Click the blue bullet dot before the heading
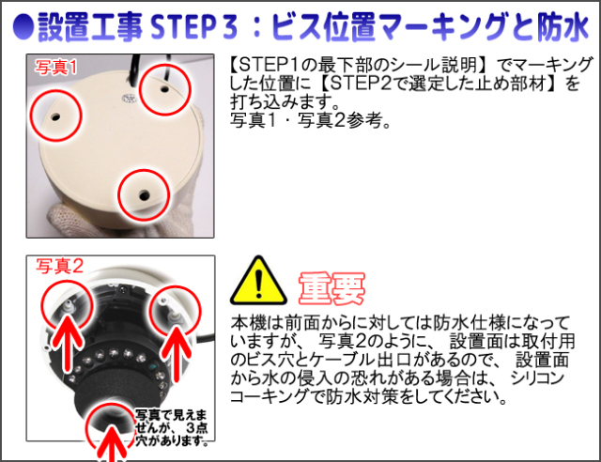23,27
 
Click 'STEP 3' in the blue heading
194,27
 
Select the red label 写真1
56,67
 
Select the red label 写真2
59,266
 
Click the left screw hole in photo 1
55,115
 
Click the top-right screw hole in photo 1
165,89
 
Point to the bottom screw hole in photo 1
144,194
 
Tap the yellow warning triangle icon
258,282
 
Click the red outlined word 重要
331,288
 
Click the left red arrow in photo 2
68,339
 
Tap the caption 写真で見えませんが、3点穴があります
172,428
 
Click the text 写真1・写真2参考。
310,121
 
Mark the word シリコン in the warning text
537,378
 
